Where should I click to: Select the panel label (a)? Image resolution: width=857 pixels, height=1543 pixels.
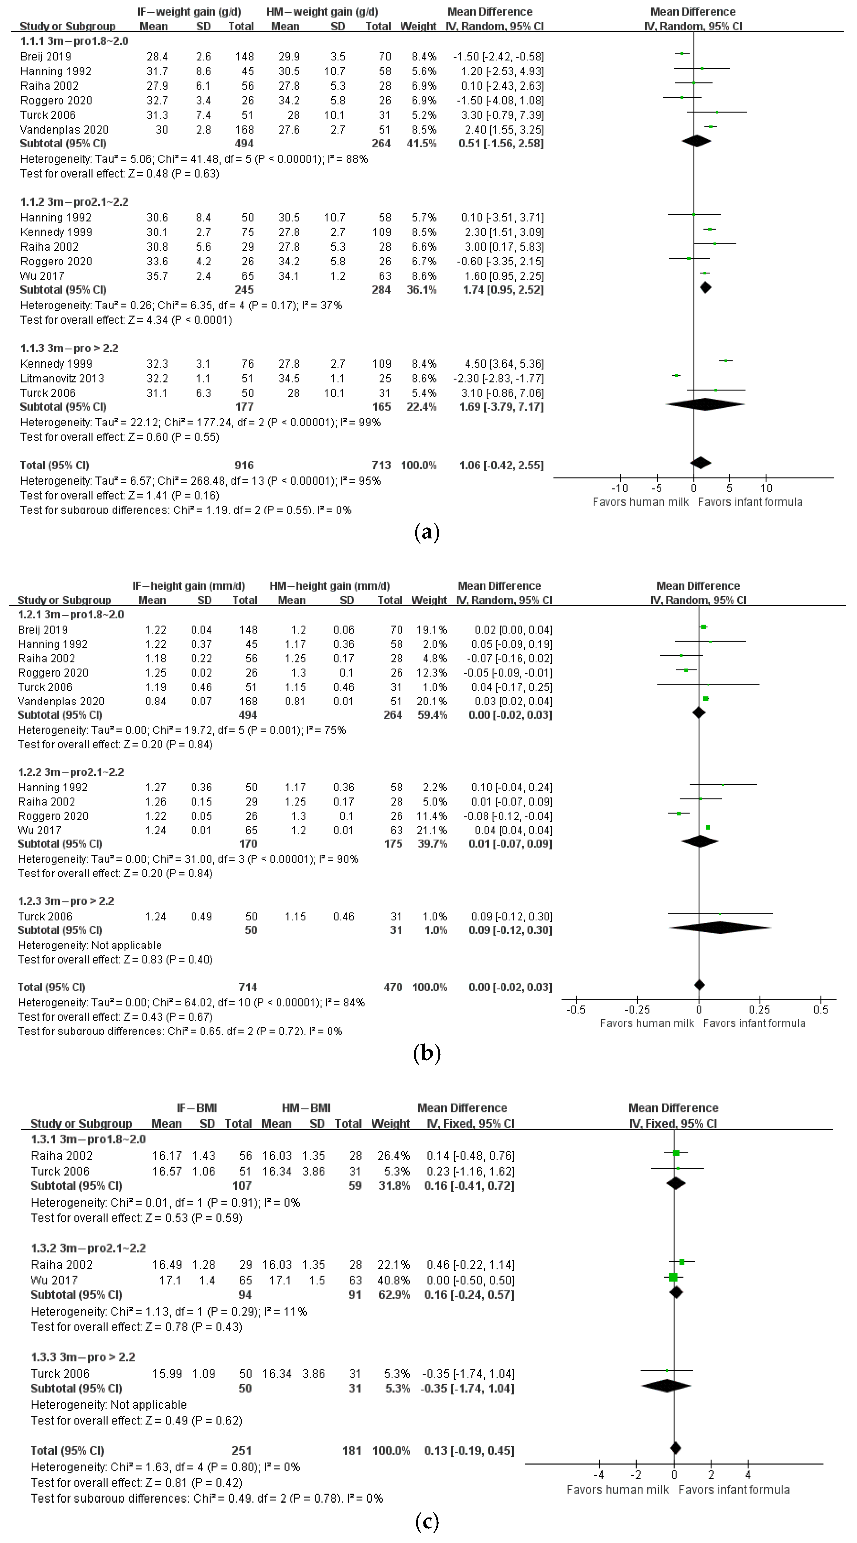pyautogui.click(x=427, y=532)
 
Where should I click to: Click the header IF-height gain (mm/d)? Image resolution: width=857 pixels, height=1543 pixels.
pyautogui.click(x=189, y=586)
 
